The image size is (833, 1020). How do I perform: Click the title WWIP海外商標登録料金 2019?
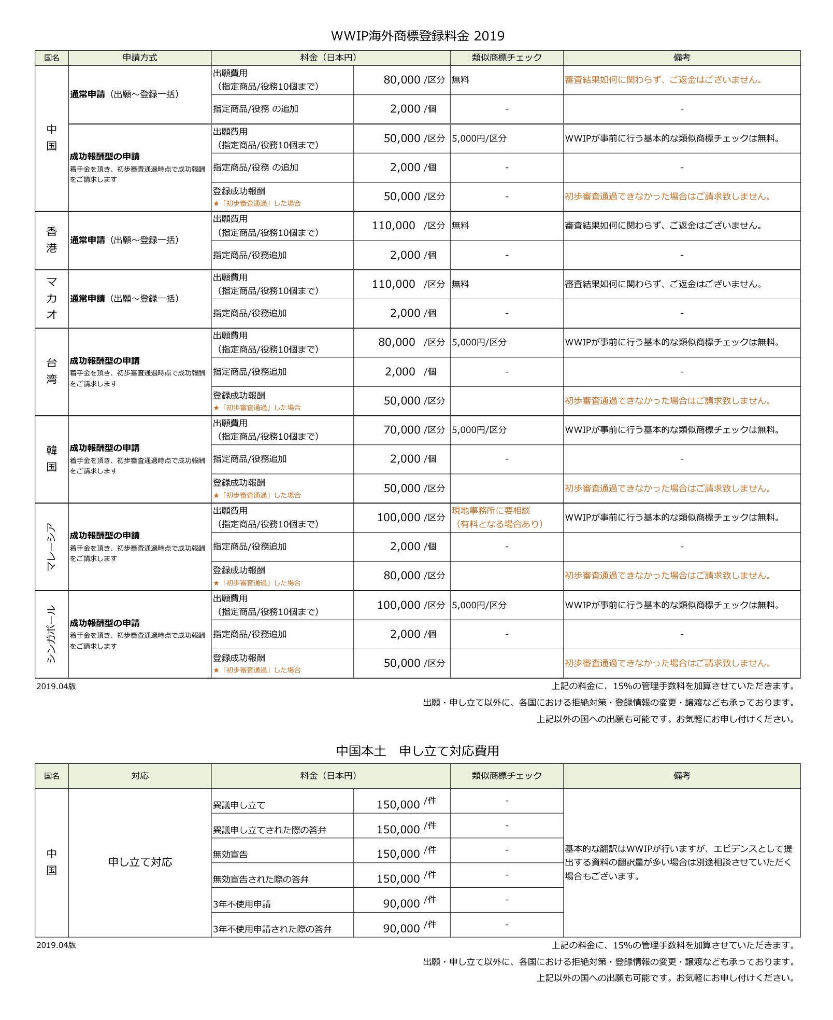pos(417,36)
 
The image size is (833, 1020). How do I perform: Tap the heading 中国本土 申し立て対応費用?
pos(417,751)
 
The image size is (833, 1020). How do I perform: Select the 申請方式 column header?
pos(140,58)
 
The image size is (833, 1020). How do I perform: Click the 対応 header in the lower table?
pos(140,776)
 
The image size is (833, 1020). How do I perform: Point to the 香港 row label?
pos(52,240)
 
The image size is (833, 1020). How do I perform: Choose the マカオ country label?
pos(52,298)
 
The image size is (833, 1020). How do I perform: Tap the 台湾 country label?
pos(52,371)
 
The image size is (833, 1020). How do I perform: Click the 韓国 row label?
pos(52,458)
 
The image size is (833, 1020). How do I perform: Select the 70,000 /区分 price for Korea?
pos(413,430)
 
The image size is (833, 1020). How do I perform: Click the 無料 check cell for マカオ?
pos(461,284)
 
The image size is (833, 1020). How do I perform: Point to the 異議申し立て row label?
pos(239,805)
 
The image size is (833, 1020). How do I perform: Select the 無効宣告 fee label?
pos(231,854)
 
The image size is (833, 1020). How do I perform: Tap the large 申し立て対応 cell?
pos(140,862)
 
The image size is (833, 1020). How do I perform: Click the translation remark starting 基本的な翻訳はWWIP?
pos(679,862)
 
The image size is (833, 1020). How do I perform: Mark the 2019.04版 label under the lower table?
pos(56,945)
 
